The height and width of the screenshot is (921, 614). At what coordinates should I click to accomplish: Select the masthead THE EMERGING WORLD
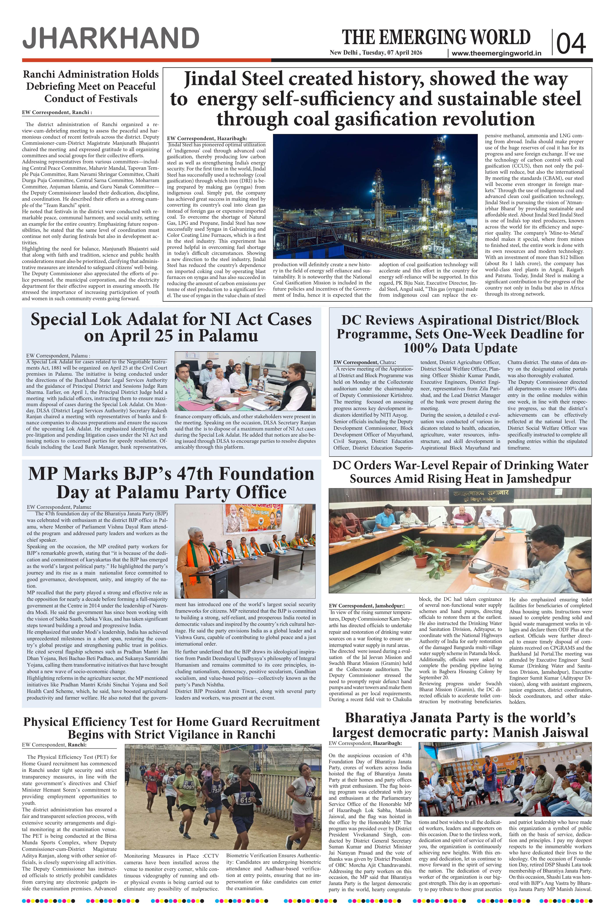(436, 37)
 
